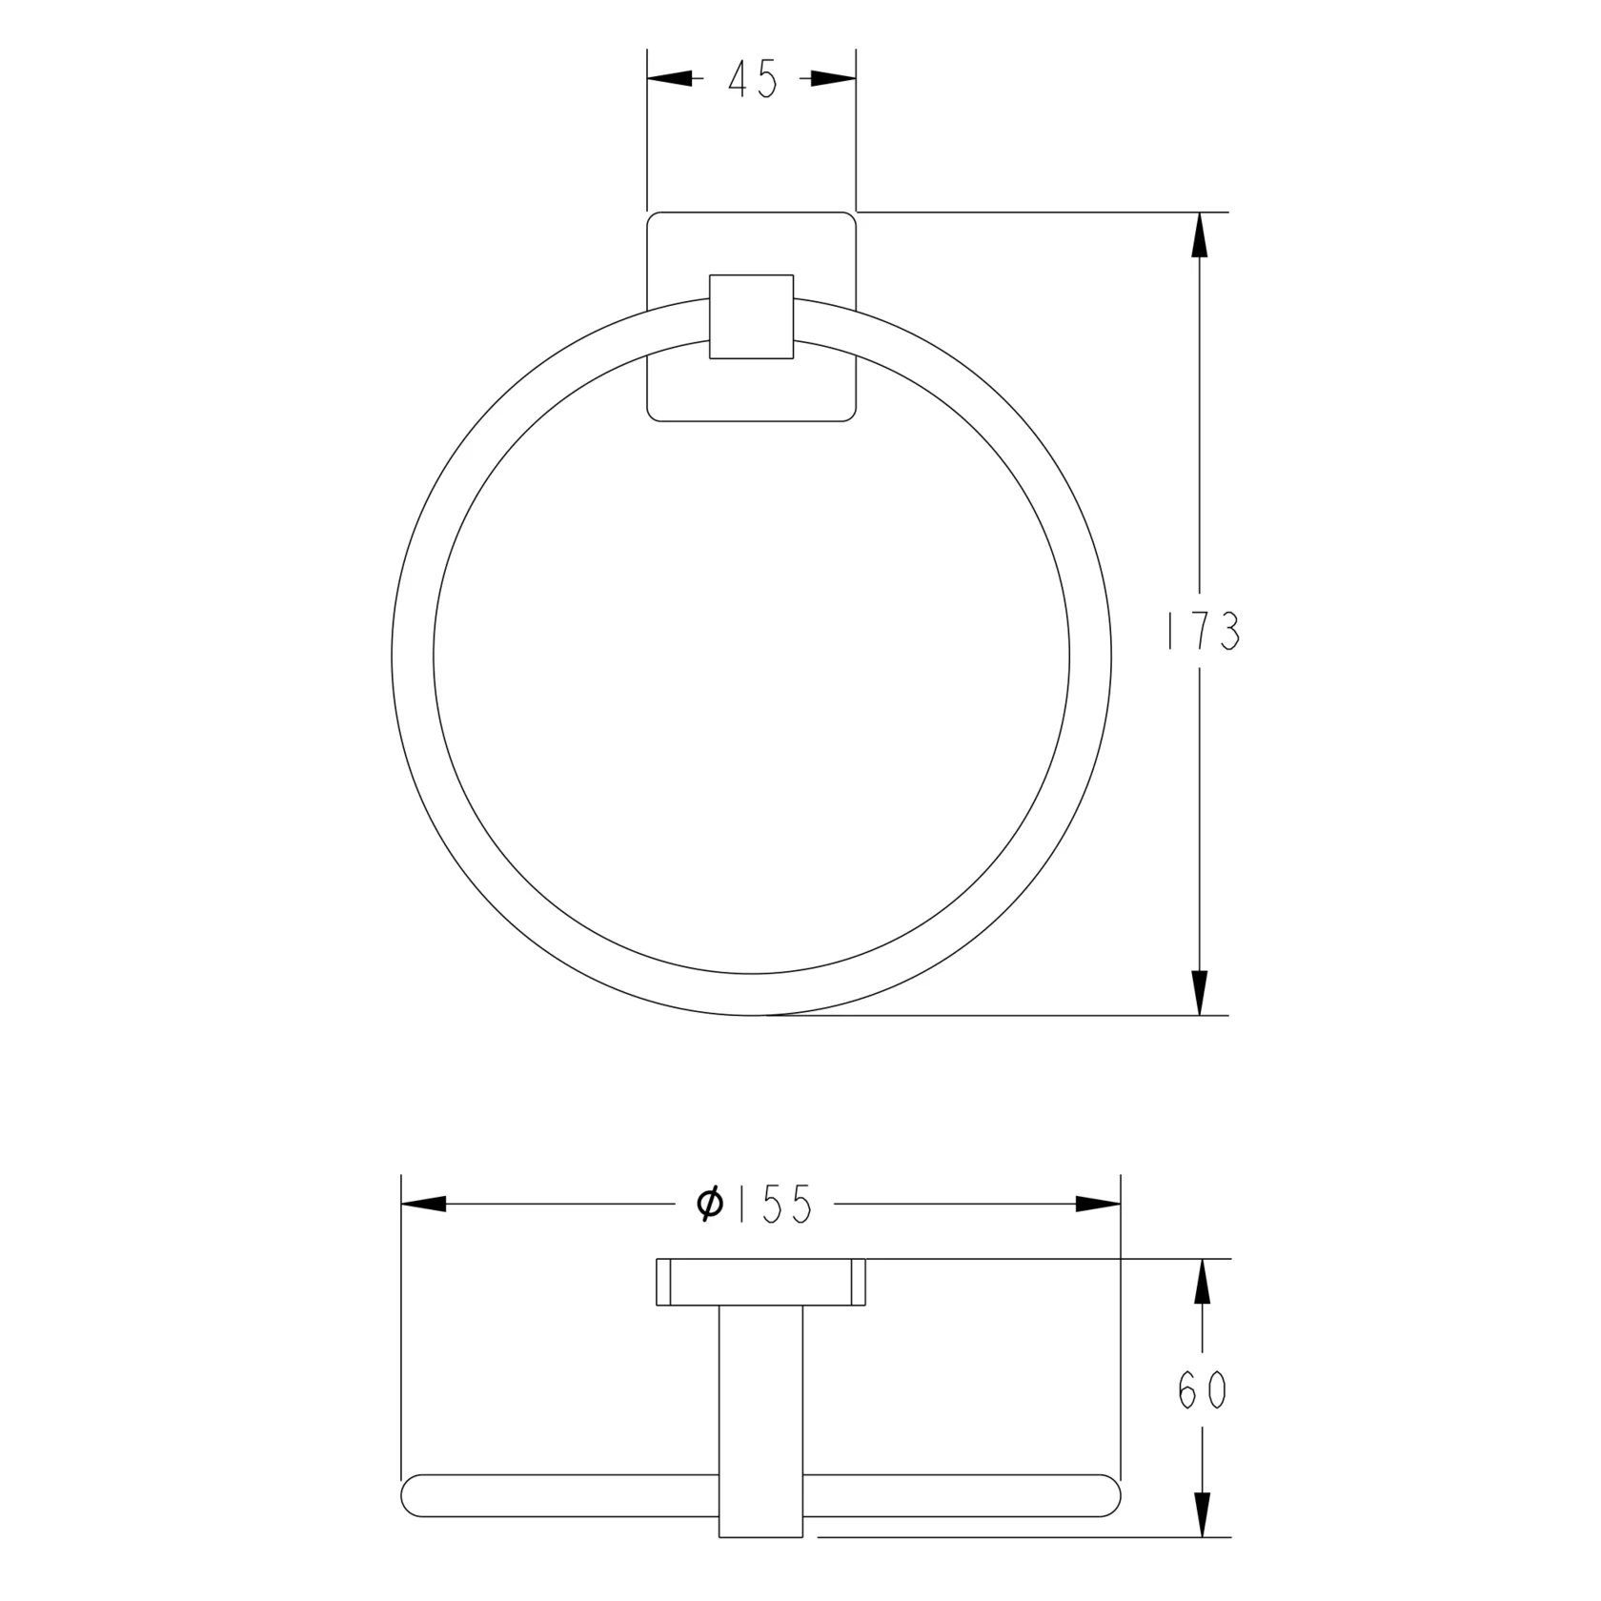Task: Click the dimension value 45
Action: pos(753,79)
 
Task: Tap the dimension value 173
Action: pos(1204,631)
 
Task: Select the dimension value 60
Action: pos(1202,1392)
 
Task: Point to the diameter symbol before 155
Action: pos(710,1204)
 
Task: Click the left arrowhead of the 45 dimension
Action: pos(669,79)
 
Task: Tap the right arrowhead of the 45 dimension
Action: pos(834,79)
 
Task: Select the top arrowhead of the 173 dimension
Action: pos(1200,233)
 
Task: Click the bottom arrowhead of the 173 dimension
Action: pos(1200,993)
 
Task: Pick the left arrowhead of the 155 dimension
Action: pos(423,1204)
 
